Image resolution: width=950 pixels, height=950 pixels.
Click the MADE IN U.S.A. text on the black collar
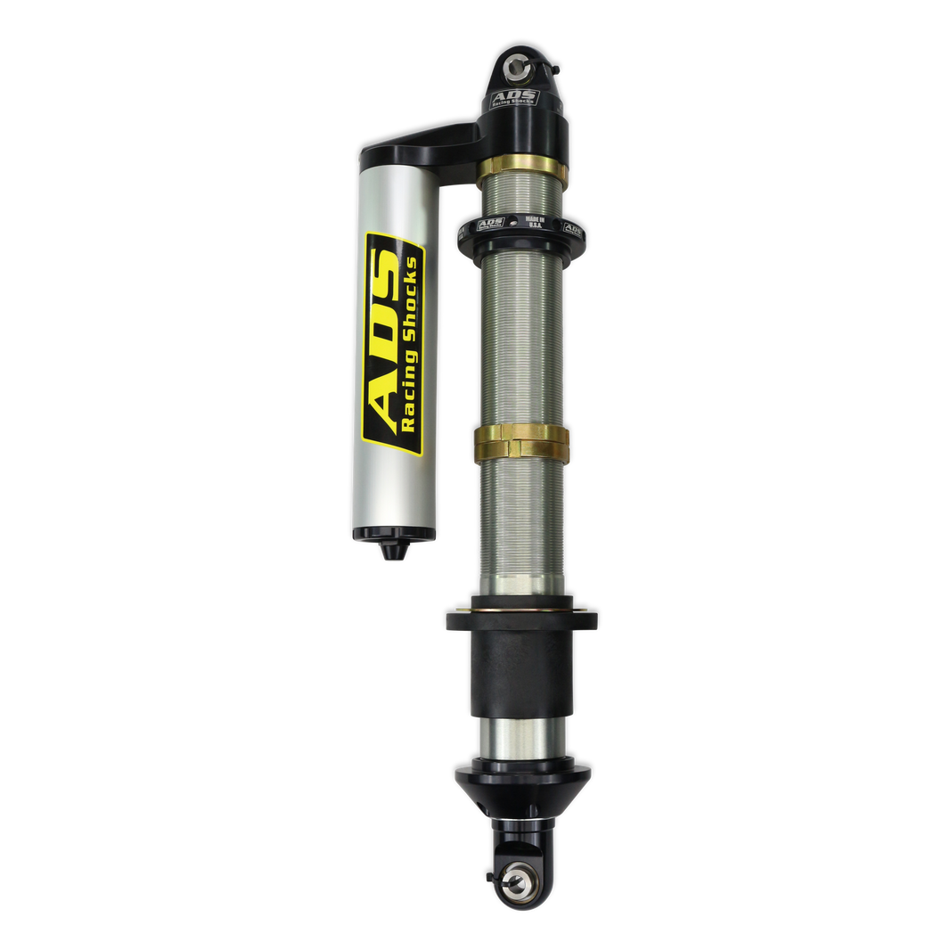pos(535,221)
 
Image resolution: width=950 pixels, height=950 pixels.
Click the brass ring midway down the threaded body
pos(521,438)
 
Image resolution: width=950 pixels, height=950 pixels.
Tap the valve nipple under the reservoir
pos(390,551)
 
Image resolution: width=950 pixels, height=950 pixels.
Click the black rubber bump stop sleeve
pos(521,664)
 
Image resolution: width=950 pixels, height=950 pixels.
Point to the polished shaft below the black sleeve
pos(521,738)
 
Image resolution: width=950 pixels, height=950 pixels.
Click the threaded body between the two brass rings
pos(521,339)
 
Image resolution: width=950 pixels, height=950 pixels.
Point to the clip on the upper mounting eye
pos(553,68)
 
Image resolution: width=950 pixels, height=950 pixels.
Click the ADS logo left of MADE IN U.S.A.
pos(491,224)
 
